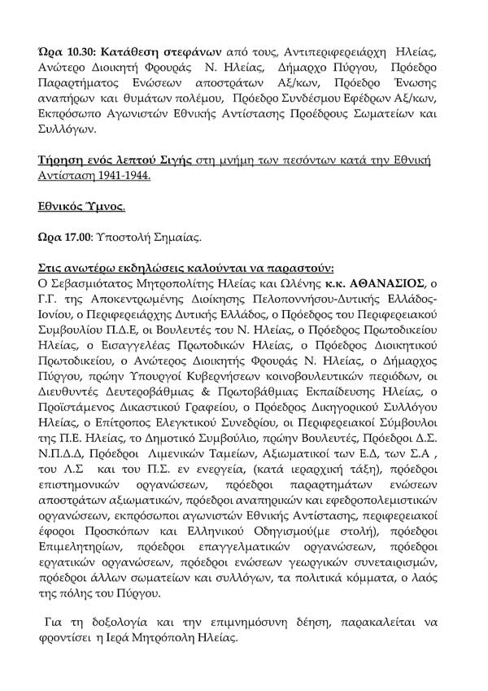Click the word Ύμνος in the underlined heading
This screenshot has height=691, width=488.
(x=105, y=208)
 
